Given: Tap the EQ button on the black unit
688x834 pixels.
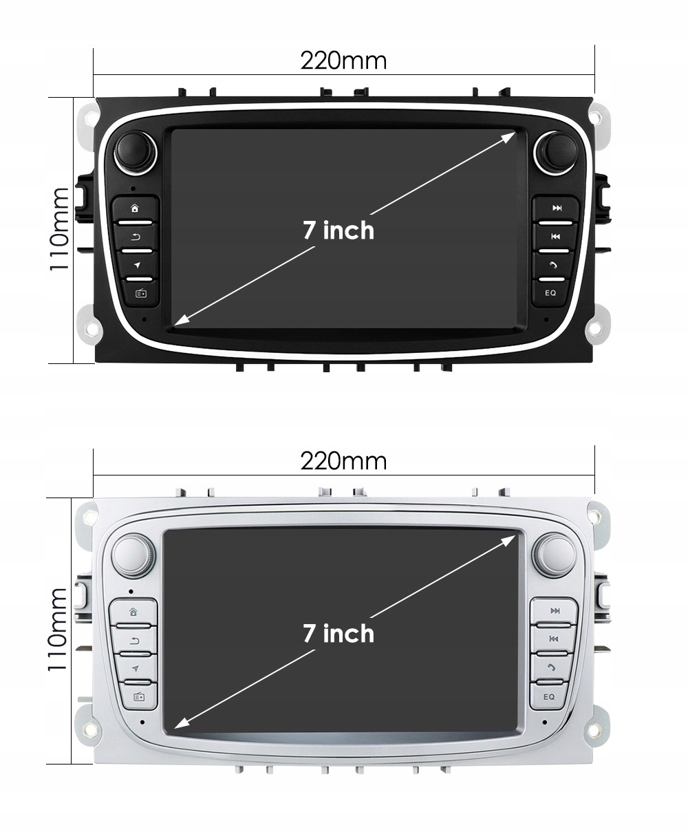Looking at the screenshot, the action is pos(550,292).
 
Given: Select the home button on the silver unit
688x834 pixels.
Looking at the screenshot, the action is pos(133,611).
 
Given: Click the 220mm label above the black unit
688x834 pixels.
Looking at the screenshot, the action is pos(343,61).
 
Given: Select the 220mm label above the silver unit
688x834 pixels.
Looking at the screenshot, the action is pos(343,460).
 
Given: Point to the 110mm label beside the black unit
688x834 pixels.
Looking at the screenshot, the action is pos(60,229).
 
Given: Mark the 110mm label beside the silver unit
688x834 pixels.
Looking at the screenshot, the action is pos(60,630).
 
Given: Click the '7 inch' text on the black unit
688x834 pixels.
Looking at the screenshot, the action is pos(339,230).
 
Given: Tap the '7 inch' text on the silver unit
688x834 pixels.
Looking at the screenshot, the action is pos(339,633).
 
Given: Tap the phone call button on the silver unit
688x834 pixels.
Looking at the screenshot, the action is pos(551,667).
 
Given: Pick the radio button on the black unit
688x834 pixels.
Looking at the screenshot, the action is pos(140,293).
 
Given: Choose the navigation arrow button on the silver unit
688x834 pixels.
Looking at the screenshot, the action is pos(136,668).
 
